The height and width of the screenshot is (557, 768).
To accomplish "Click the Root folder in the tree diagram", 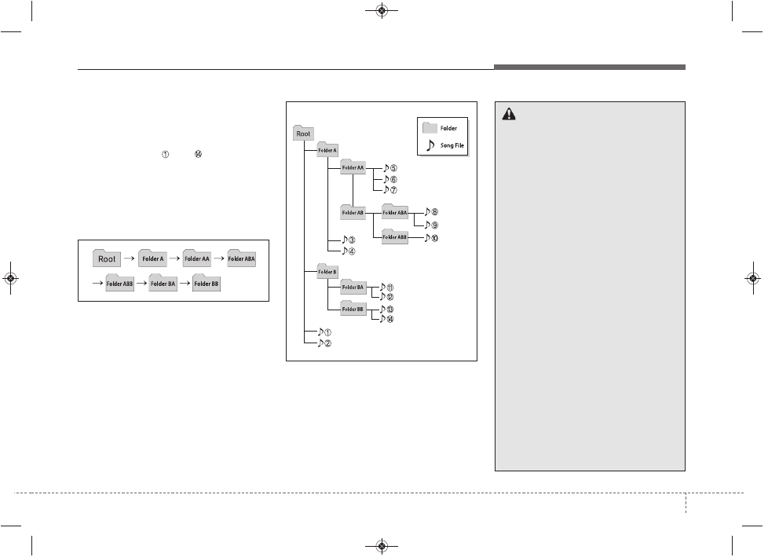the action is (x=303, y=133).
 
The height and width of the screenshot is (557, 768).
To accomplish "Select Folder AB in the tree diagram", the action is (x=353, y=211).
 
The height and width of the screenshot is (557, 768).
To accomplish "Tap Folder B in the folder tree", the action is (x=327, y=271).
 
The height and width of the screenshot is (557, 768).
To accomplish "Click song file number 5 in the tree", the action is (x=389, y=168).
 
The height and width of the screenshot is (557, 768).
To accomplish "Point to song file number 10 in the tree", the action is (x=431, y=238).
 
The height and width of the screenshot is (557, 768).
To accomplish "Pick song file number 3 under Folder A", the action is (x=348, y=240).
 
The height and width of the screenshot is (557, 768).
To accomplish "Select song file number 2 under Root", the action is (x=324, y=343).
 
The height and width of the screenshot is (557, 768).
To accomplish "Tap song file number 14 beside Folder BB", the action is (x=387, y=319).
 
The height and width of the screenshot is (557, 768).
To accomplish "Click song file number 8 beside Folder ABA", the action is (x=431, y=211).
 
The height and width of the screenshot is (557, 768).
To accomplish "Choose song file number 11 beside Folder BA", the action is (x=387, y=288).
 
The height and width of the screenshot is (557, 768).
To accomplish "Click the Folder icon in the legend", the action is (x=430, y=128).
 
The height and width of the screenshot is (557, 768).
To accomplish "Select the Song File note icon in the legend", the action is (x=430, y=145).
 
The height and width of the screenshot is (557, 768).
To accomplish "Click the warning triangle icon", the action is (x=509, y=114).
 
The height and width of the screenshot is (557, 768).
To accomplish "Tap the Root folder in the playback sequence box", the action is (x=106, y=258).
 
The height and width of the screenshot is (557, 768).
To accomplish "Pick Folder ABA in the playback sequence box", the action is (x=241, y=258).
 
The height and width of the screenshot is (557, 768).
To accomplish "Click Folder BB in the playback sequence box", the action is (x=207, y=283).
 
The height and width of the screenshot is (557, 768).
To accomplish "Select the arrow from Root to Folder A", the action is (x=130, y=258).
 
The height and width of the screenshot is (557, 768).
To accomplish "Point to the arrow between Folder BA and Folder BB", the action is (x=185, y=283).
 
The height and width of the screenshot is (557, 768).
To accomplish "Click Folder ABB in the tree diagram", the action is (x=394, y=236).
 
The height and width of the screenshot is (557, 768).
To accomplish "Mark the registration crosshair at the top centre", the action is (x=382, y=10).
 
